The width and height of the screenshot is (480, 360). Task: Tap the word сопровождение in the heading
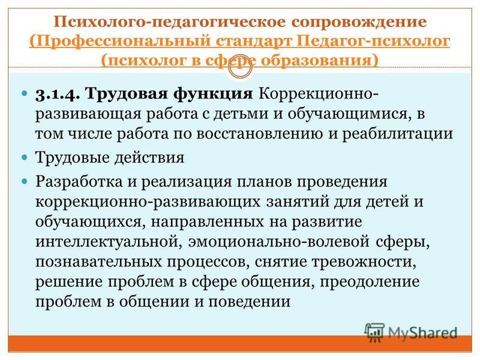click(359, 22)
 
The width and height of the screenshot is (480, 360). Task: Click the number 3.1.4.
click(58, 94)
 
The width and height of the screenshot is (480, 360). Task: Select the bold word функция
click(213, 94)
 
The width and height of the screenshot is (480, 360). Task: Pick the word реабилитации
click(397, 134)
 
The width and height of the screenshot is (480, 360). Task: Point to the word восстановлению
click(259, 134)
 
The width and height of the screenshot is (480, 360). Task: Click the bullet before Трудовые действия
click(25, 158)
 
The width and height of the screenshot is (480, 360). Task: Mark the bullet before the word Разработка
click(25, 182)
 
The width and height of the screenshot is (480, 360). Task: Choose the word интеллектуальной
click(107, 242)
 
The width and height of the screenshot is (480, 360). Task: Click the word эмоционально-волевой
click(278, 242)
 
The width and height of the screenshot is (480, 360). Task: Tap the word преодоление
click(370, 282)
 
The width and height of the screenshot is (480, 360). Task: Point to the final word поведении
click(249, 302)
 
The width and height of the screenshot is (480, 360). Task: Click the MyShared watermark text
click(422, 333)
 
